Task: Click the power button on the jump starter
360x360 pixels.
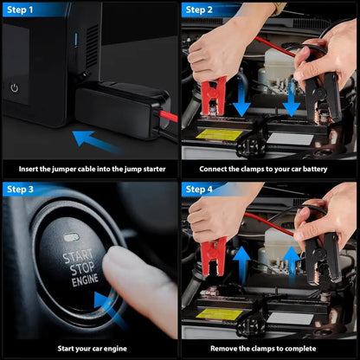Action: pyautogui.click(x=14, y=87)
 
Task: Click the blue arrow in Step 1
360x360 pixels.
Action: pyautogui.click(x=96, y=139)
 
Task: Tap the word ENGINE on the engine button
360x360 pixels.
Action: pyautogui.click(x=83, y=281)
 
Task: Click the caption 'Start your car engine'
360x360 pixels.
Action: pyautogui.click(x=90, y=348)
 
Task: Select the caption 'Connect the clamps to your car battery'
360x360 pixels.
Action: pyautogui.click(x=269, y=169)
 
